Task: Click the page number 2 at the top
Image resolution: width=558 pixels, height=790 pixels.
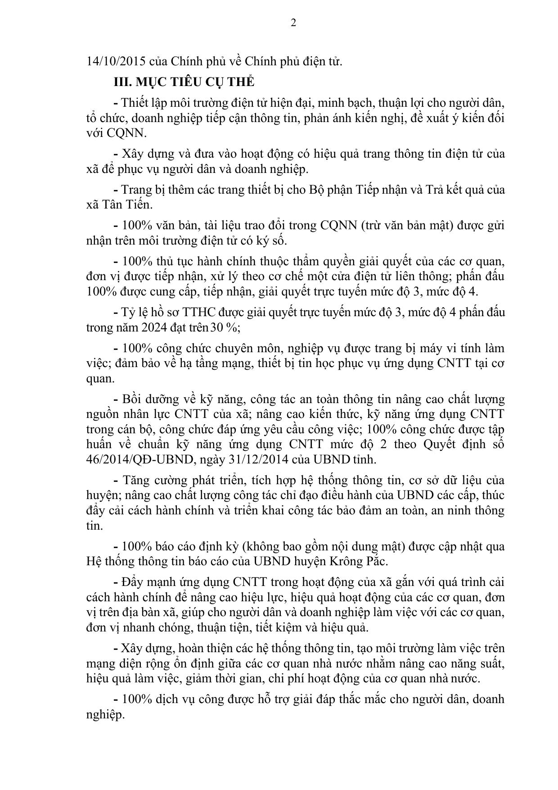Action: coord(293,23)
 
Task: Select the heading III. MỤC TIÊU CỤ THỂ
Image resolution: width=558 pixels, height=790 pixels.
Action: coord(184,82)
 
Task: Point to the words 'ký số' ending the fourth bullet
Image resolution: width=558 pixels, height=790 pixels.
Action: coord(273,241)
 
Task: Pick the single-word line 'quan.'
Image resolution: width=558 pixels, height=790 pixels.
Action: coord(100,378)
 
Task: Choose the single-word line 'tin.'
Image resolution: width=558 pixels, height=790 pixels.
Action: coord(94,526)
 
